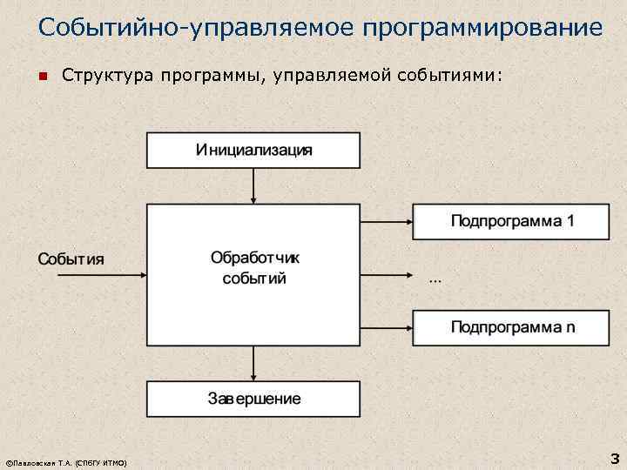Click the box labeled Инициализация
pyautogui.click(x=253, y=150)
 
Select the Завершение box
pyautogui.click(x=253, y=399)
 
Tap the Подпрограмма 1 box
pyautogui.click(x=510, y=221)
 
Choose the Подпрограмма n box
pyautogui.click(x=510, y=327)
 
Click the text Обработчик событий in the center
pyautogui.click(x=254, y=268)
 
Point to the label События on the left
pyautogui.click(x=70, y=258)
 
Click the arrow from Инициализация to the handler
pyautogui.click(x=253, y=185)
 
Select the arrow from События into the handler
pyautogui.click(x=99, y=275)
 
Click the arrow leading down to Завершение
pyautogui.click(x=253, y=363)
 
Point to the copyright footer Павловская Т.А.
pyautogui.click(x=66, y=462)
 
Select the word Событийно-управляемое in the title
pyautogui.click(x=183, y=27)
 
